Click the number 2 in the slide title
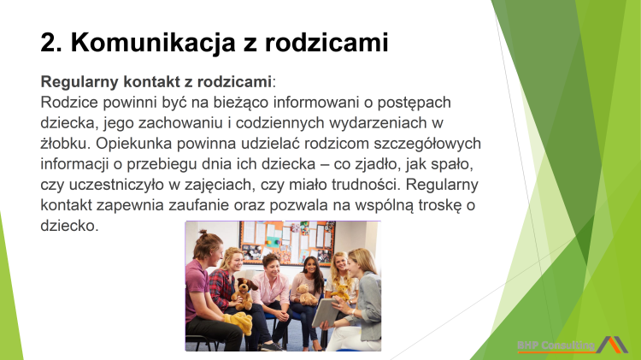click(x=49, y=40)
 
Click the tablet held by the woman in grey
click(x=325, y=316)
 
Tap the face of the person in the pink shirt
click(x=271, y=266)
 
